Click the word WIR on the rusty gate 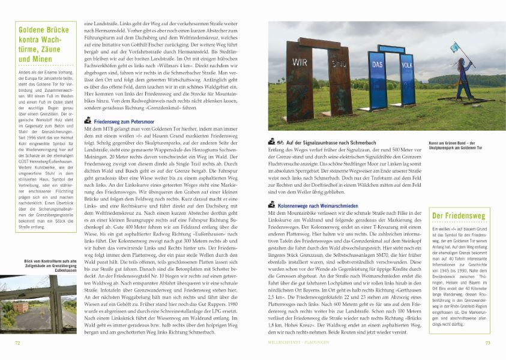click(301, 62)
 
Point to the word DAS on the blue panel click(376, 64)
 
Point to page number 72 click(18, 343)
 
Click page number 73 click(488, 343)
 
